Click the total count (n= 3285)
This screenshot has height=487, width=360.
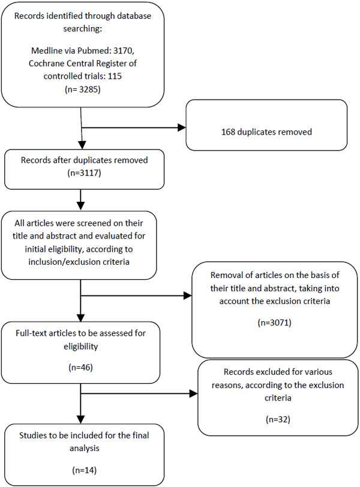pos(83,89)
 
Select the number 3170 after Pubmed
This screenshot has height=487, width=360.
pos(124,50)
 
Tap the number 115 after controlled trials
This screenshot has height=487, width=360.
pos(115,76)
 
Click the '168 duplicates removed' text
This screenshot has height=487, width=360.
pos(266,132)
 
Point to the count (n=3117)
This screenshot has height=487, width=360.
pos(85,173)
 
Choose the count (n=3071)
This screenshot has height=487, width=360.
pos(275,322)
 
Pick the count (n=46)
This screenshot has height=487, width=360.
pos(80,368)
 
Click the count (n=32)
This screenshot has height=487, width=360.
pos(278,420)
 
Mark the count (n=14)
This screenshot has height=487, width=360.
pos(85,470)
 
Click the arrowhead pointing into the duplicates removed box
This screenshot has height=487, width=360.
pos(182,127)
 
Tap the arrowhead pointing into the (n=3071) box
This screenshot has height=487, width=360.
pos(188,295)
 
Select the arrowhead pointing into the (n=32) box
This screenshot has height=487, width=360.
pos(194,394)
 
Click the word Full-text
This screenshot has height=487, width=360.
pos(30,333)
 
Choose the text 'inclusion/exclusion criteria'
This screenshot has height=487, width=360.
pos(79,262)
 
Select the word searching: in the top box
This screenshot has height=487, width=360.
pos(83,29)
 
